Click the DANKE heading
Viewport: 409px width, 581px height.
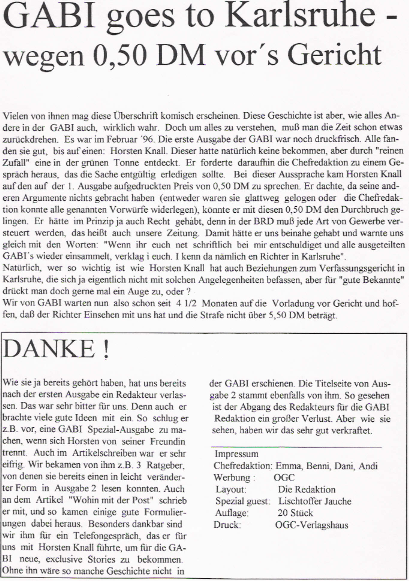pos(49,349)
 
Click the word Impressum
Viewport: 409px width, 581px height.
pos(236,454)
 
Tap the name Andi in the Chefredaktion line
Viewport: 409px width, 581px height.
pos(368,466)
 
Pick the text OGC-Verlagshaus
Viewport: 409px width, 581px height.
pos(312,525)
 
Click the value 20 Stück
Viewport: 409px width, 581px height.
pos(295,513)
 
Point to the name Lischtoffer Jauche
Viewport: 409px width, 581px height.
pos(315,501)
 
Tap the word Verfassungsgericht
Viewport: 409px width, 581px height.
pos(357,268)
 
